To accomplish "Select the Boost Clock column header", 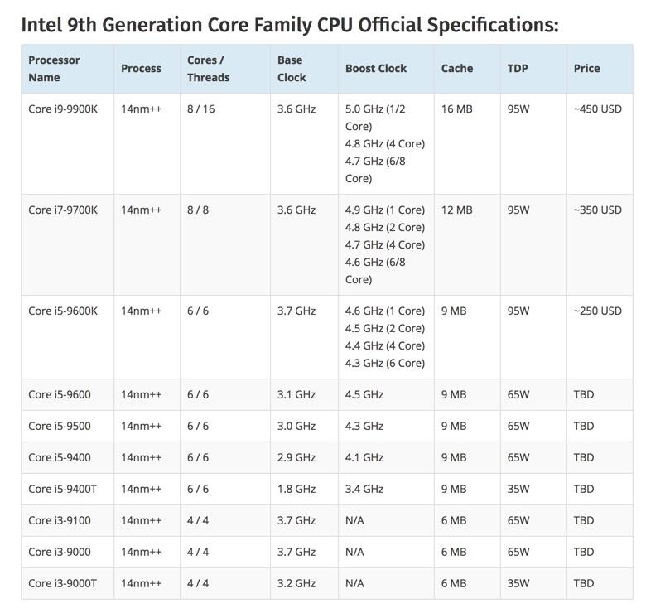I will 376,68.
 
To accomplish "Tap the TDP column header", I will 518,68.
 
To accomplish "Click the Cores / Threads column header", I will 208,68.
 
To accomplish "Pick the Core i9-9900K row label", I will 63,109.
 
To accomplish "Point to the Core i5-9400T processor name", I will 62,489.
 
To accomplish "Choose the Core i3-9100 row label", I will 60,520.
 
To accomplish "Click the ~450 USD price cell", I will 597,109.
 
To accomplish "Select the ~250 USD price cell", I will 597,311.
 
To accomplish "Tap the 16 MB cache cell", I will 457,109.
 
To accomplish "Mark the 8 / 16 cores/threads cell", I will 200,109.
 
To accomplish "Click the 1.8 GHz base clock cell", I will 296,489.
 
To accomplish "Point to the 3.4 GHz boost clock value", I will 364,489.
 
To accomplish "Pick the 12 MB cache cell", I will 457,210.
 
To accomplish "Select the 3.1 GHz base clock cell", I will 296,394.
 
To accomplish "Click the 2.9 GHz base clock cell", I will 296,457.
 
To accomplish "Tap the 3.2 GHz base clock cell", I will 296,583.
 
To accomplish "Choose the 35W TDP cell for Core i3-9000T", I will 518,583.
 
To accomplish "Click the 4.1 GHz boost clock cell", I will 364,457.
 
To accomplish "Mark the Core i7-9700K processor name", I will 63,210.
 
